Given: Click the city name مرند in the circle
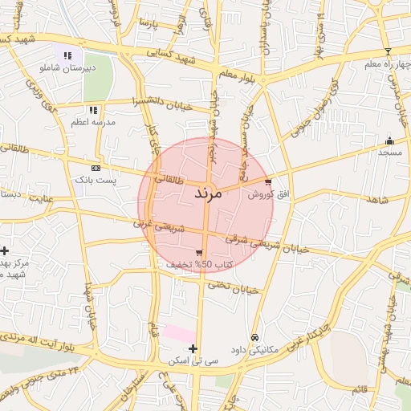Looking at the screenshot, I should coord(207,194).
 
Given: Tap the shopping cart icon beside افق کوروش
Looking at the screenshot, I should coord(268,182).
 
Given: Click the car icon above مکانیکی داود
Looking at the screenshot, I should coord(254,338).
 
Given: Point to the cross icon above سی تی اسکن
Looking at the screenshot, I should coord(193,348).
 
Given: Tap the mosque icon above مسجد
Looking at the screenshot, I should coord(390,140).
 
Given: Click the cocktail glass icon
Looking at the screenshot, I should coord(388,51).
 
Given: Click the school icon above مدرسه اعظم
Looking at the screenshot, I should coord(93,110).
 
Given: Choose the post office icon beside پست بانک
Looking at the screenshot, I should coord(96,169).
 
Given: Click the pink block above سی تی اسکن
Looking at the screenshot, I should coord(178,332).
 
